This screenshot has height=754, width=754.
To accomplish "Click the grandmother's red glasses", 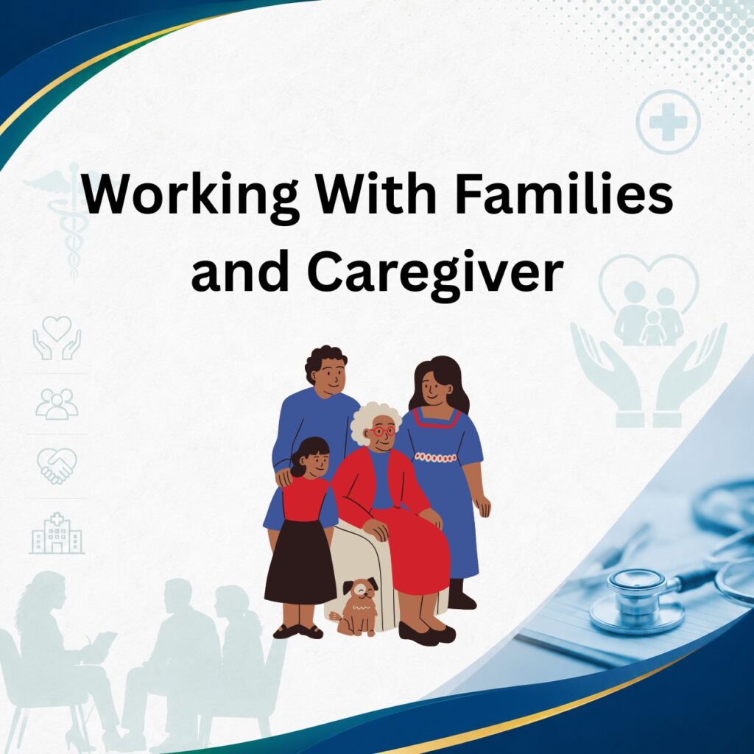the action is point(383,430).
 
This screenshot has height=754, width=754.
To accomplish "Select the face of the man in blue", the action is point(331,377).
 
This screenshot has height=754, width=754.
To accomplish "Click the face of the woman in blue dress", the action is point(434,388).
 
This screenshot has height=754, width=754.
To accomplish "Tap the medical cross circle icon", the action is point(668,121).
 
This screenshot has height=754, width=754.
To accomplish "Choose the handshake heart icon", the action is point(57,465).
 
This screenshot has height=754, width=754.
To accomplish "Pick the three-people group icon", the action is point(57,404).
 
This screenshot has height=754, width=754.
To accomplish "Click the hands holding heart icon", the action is point(57,337).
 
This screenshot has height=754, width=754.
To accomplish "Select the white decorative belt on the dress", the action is point(434,457).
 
